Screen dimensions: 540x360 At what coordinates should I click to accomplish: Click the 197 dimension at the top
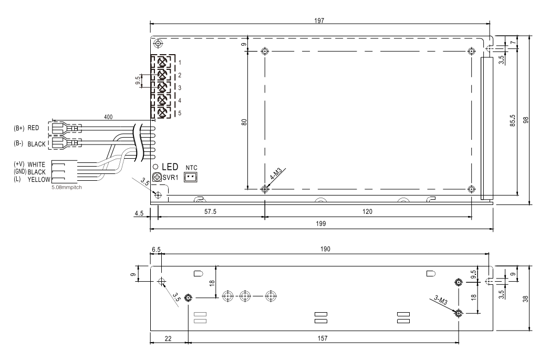click(x=319, y=20)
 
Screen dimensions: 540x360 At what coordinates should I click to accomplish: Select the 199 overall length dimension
click(x=320, y=223)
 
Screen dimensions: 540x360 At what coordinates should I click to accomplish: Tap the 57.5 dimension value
click(x=210, y=211)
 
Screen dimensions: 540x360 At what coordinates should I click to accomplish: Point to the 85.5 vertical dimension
click(x=513, y=120)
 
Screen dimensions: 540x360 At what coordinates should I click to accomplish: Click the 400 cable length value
click(x=108, y=117)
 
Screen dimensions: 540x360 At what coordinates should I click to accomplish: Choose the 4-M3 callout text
click(x=276, y=174)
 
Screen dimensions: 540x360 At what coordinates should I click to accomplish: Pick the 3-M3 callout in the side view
click(x=441, y=300)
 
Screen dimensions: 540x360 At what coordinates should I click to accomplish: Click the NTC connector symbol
click(x=191, y=177)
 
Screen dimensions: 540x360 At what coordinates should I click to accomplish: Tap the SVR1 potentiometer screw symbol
click(x=157, y=177)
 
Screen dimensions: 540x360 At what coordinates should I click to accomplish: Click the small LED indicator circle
click(x=155, y=167)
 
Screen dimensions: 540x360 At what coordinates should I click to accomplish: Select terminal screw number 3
click(x=162, y=87)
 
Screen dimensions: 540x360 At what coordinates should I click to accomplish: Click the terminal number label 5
click(x=180, y=113)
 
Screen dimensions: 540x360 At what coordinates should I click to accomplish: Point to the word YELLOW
click(x=39, y=180)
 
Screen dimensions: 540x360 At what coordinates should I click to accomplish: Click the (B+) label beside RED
click(x=19, y=128)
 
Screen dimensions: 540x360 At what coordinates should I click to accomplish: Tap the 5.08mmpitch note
click(x=67, y=188)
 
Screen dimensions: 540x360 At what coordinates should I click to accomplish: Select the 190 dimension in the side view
click(x=325, y=249)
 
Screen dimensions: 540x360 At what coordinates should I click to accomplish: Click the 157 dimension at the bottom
click(x=323, y=338)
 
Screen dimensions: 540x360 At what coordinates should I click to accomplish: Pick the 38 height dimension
click(x=525, y=299)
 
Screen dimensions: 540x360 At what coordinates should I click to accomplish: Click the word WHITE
click(x=36, y=164)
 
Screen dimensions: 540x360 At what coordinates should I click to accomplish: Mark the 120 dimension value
click(x=367, y=211)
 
